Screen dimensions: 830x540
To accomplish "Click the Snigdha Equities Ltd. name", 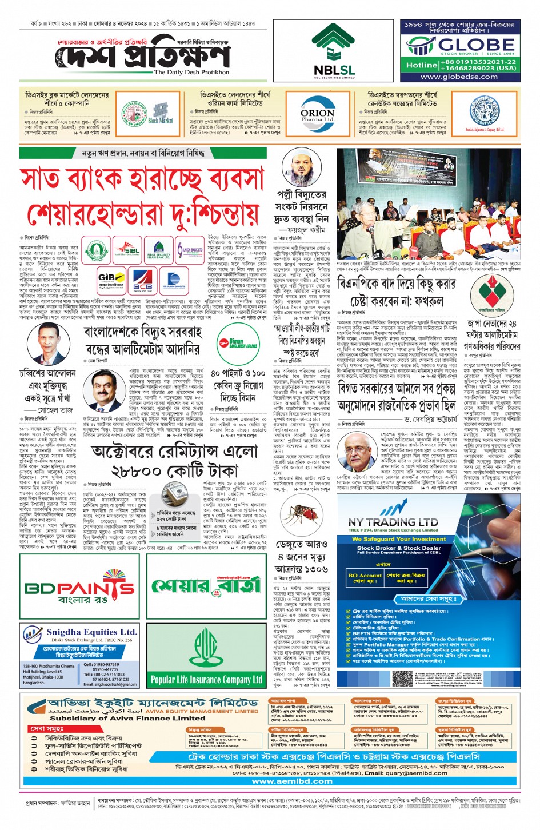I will point(92,632).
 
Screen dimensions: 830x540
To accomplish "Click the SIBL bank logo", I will point(126,250).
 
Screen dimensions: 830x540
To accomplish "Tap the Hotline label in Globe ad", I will point(421,65).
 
